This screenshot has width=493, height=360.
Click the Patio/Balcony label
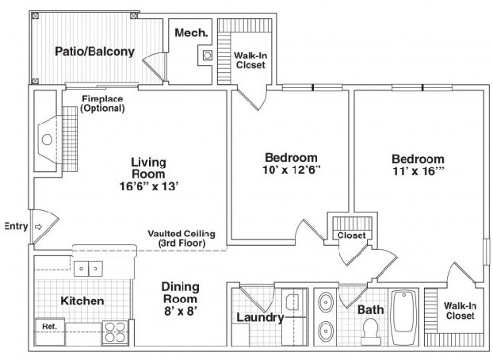tap(94, 52)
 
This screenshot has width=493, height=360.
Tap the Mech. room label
tap(191, 33)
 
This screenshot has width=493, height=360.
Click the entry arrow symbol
tap(38, 227)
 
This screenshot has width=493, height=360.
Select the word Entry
tap(16, 226)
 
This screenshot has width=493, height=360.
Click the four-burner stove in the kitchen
tap(115, 332)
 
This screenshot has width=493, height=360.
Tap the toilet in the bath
tap(371, 331)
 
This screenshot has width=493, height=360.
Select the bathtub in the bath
tap(405, 317)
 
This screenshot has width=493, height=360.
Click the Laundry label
tap(260, 317)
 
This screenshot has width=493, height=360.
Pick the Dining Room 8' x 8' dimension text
tap(181, 311)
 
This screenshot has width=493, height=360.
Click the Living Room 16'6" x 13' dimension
tap(149, 186)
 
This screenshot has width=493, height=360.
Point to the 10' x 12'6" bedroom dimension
tap(291, 170)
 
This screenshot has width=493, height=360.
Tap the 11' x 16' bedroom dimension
tap(418, 171)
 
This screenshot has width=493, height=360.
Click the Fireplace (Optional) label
tap(102, 104)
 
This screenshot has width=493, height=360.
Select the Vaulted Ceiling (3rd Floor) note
tap(182, 238)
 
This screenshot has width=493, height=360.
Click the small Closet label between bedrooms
tap(351, 235)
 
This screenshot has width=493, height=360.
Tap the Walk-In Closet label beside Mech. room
tap(250, 60)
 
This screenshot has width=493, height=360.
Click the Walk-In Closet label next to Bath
tap(460, 311)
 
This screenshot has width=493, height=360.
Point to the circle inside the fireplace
tap(47, 140)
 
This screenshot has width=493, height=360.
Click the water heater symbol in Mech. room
tap(207, 56)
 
